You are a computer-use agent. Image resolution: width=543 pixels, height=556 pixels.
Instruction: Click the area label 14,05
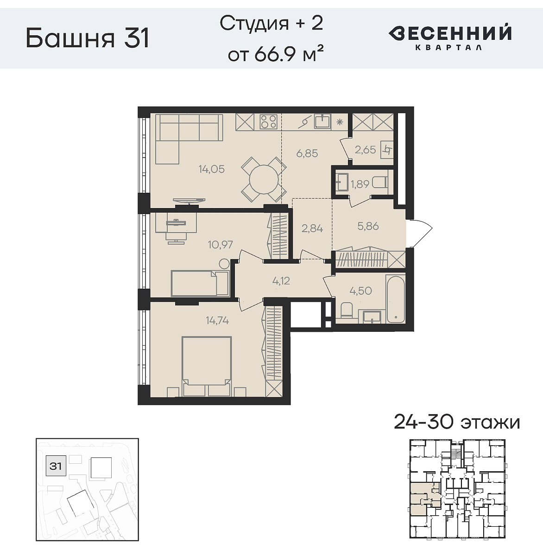(x=212, y=169)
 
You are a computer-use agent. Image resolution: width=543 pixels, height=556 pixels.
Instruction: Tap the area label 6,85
(x=307, y=153)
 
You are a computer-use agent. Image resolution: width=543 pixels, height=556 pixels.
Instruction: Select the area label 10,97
(x=220, y=244)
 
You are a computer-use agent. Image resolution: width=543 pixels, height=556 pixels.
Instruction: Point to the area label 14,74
(x=217, y=320)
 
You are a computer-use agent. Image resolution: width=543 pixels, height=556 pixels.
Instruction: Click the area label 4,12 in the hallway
(x=281, y=280)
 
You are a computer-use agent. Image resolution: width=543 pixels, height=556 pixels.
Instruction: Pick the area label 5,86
(x=368, y=226)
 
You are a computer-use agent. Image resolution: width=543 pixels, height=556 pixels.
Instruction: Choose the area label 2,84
(x=312, y=228)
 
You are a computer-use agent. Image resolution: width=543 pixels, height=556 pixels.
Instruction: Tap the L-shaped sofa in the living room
(x=185, y=134)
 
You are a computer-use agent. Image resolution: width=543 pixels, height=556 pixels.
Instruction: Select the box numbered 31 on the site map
(x=56, y=466)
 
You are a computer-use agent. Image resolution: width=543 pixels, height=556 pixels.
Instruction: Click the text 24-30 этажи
(x=457, y=422)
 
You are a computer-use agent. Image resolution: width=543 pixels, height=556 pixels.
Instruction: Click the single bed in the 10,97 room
(x=200, y=283)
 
